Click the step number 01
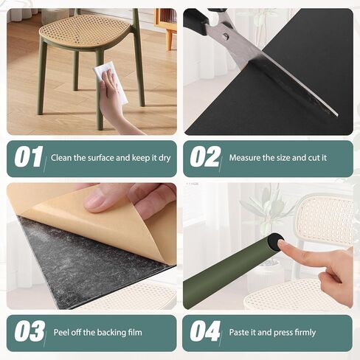pyautogui.click(x=29, y=158)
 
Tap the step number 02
pyautogui.click(x=205, y=158)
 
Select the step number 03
pyautogui.click(x=30, y=332)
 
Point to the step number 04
pyautogui.click(x=205, y=332)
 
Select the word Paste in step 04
pyautogui.click(x=240, y=332)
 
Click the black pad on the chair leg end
pyautogui.click(x=274, y=240)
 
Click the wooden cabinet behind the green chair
pyautogui.click(x=165, y=22)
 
